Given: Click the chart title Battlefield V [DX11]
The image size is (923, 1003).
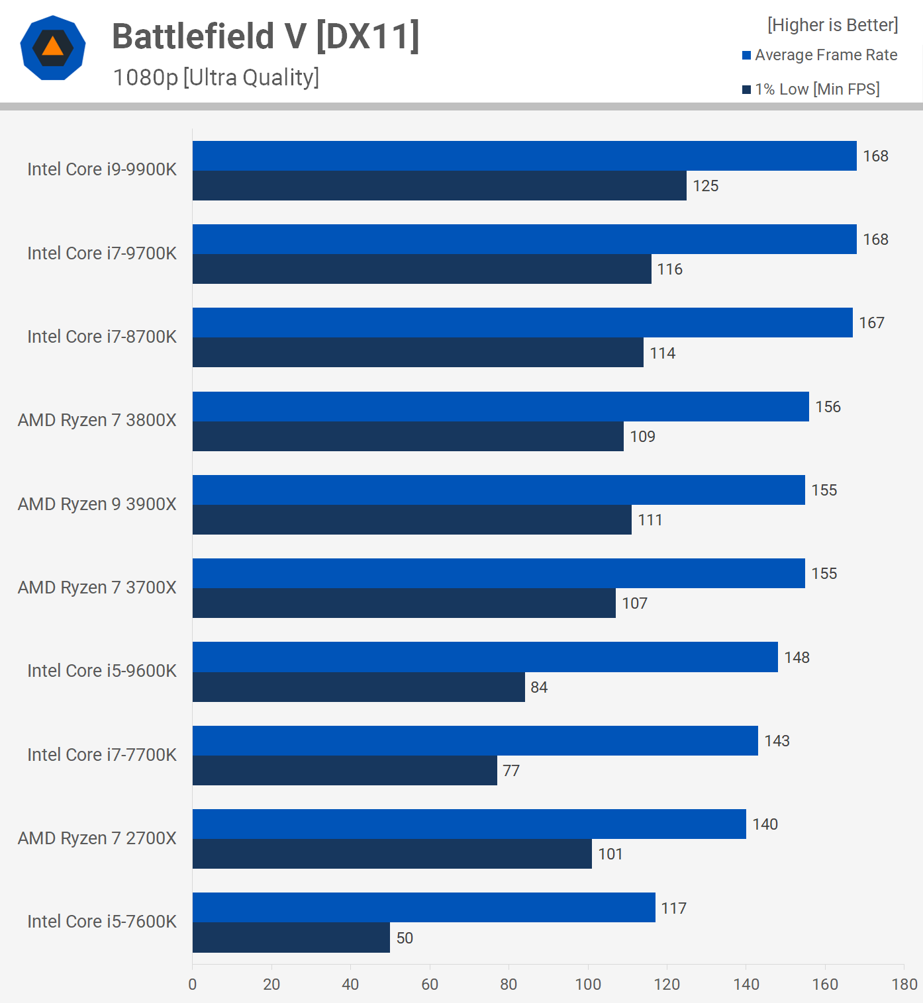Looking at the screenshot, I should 266,36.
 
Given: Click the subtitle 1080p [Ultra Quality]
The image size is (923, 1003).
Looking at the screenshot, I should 216,77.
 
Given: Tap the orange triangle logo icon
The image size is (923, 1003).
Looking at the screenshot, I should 53,47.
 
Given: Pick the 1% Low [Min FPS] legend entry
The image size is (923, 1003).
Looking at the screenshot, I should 811,89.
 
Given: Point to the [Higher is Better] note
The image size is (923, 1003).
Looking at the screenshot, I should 832,25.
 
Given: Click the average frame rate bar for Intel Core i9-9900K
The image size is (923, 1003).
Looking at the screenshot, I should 524,156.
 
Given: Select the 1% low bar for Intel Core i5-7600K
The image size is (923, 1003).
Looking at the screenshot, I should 291,938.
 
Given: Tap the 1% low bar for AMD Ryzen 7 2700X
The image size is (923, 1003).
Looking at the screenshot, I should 392,853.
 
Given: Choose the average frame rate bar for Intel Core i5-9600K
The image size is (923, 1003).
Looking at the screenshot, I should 485,657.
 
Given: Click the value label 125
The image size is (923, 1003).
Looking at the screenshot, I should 706,186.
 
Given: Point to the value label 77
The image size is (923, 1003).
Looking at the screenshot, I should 511,771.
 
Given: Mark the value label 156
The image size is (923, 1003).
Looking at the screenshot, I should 828,407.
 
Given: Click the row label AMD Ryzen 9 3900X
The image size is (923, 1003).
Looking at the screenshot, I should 97,504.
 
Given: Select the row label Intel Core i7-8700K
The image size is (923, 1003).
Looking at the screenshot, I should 102,337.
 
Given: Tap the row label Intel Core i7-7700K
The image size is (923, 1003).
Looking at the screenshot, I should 102,755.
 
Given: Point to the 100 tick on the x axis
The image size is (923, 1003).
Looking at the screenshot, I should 588,984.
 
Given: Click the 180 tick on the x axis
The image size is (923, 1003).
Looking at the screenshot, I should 904,984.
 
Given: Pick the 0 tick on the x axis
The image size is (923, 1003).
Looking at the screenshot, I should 193,984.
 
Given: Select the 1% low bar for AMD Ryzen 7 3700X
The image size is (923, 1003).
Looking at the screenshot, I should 404,603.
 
